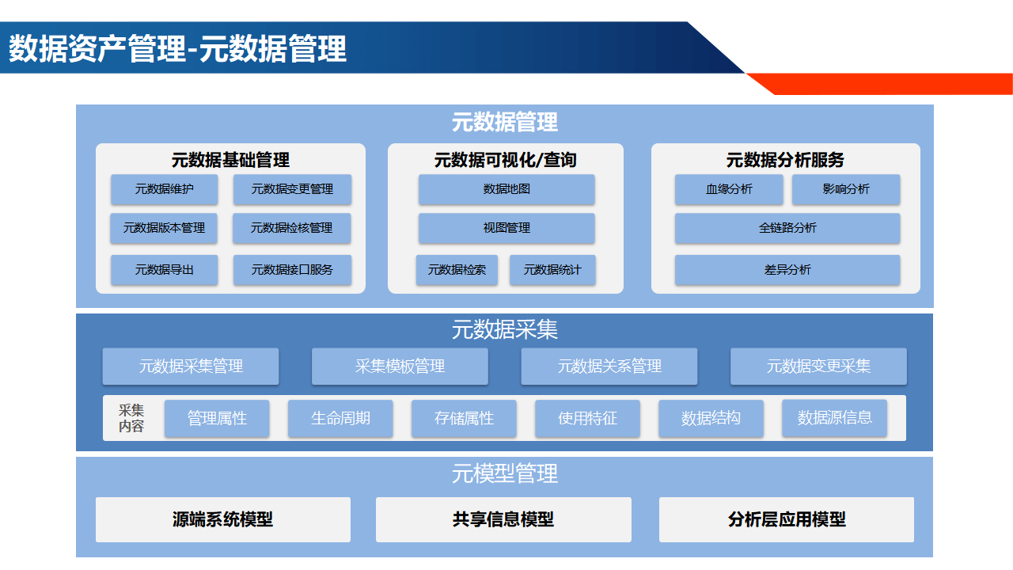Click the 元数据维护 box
point(165,189)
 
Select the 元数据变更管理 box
point(292,189)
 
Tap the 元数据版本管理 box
point(165,228)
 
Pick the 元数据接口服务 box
point(292,270)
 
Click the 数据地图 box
point(506,189)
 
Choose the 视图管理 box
point(506,228)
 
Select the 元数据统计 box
point(552,270)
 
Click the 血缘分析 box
point(729,189)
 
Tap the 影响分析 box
point(846,189)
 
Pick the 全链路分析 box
point(787,228)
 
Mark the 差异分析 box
point(787,270)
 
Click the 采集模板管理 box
point(400,367)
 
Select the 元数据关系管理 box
point(609,367)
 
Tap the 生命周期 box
point(340,418)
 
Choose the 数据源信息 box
point(835,418)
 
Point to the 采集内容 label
point(131,418)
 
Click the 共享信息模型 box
point(503,519)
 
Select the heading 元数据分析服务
point(785,160)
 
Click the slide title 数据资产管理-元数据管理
point(177,49)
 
